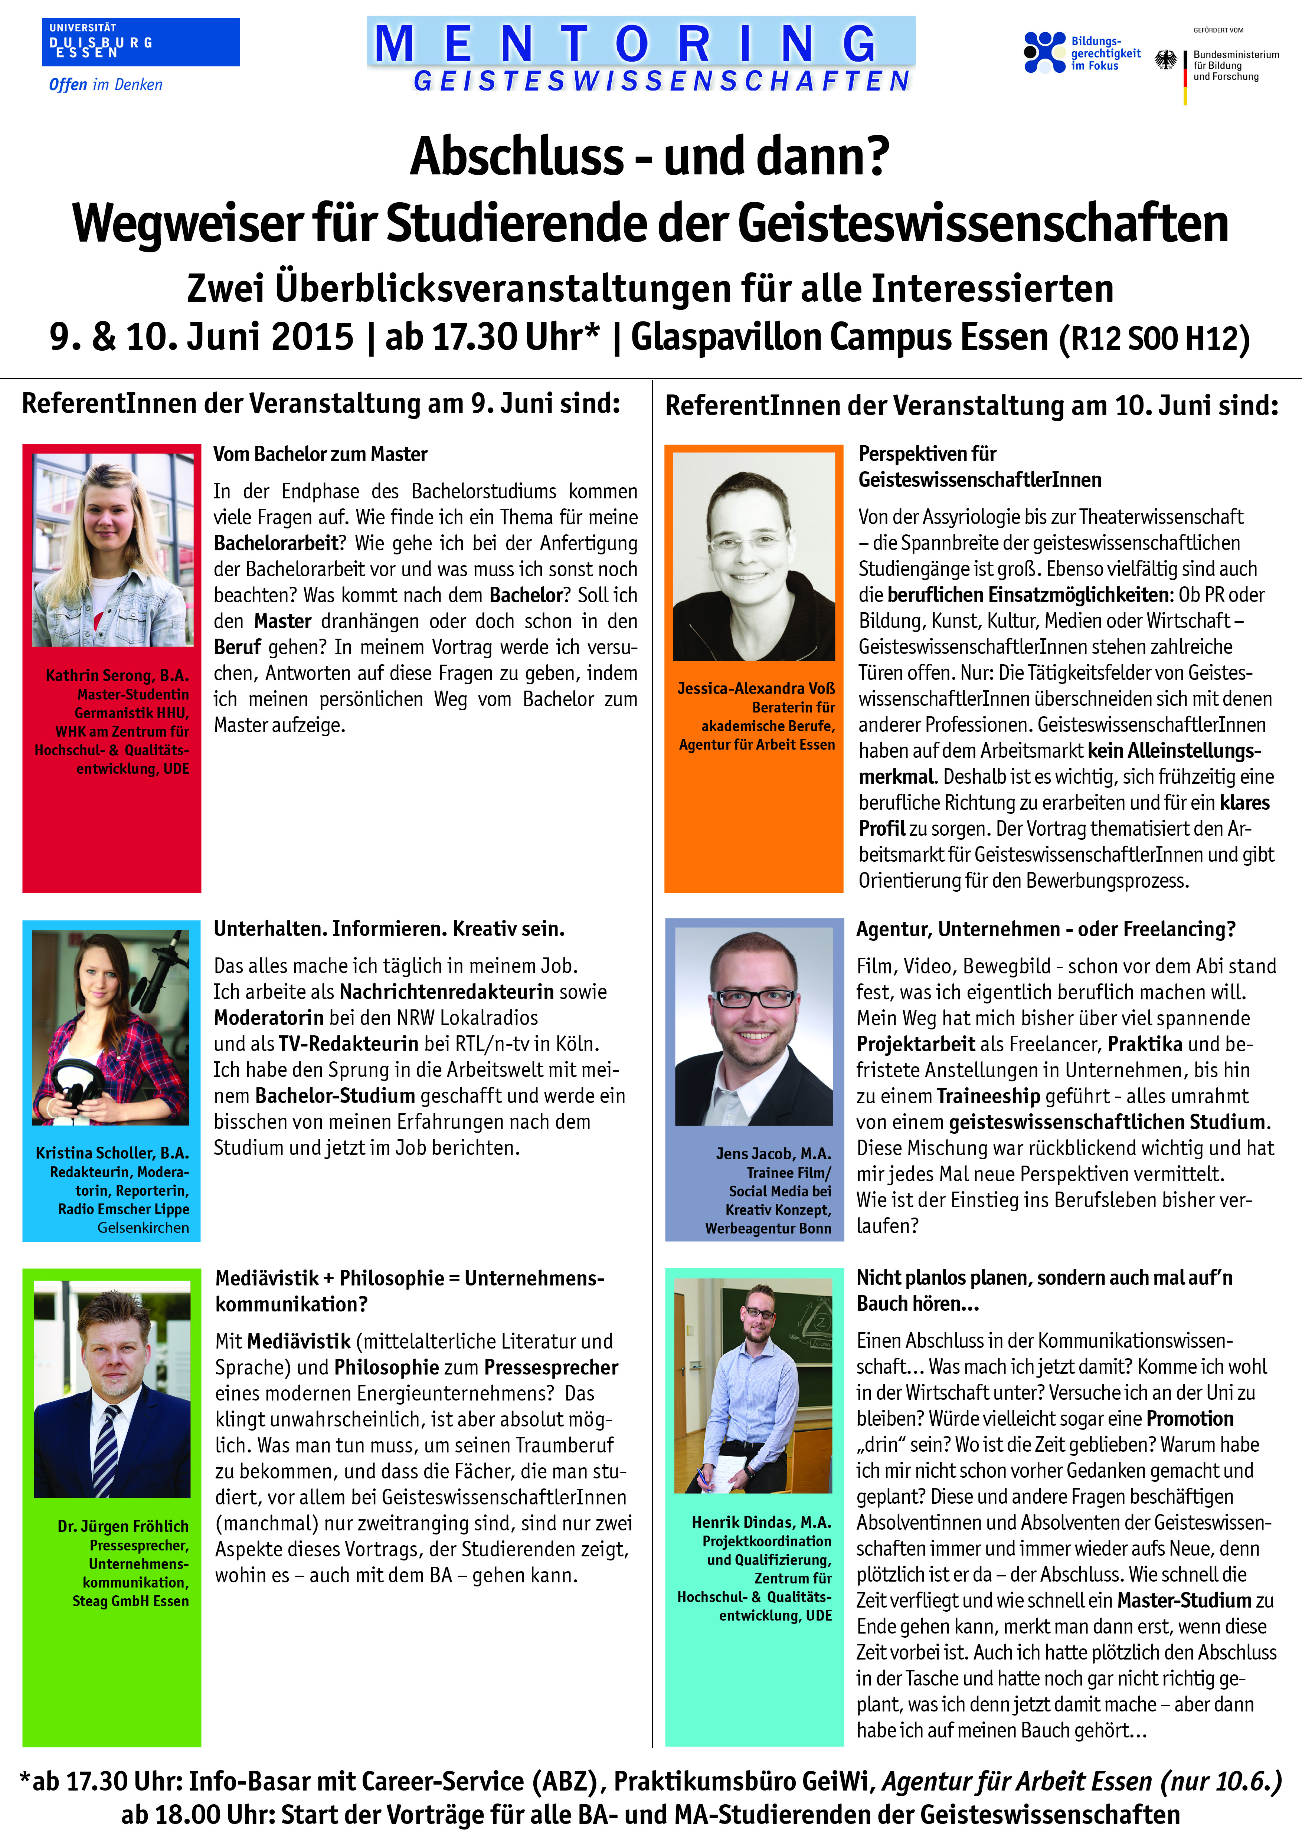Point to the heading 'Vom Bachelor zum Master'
pyautogui.click(x=320, y=455)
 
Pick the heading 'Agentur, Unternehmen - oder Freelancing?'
pyautogui.click(x=1046, y=929)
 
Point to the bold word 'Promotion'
pyautogui.click(x=1190, y=1418)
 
